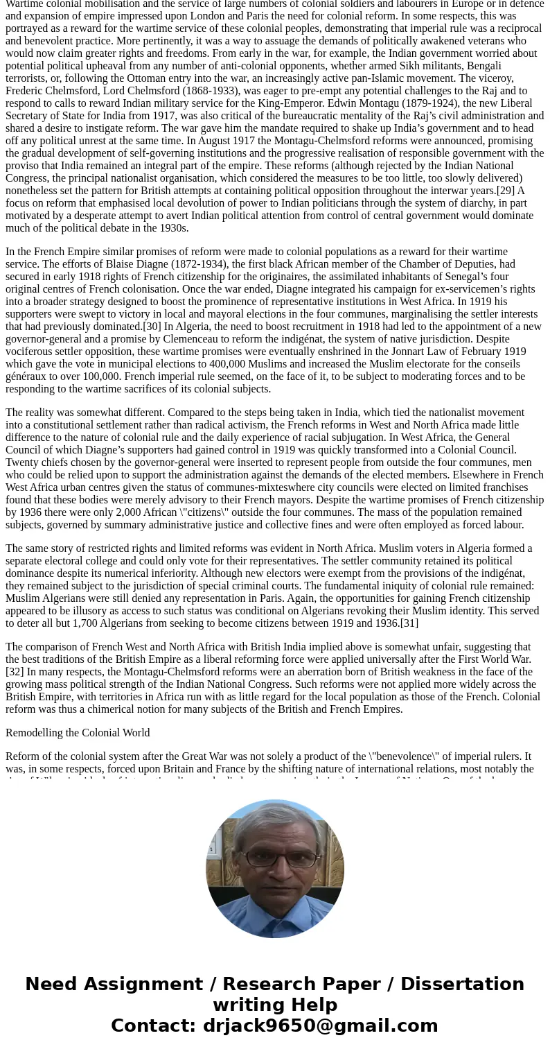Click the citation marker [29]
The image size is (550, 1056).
point(506,191)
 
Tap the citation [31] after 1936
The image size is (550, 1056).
point(409,623)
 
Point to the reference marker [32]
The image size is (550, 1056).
point(15,672)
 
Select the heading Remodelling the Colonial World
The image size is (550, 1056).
point(78,733)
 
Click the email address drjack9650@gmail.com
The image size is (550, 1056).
point(320,1026)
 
